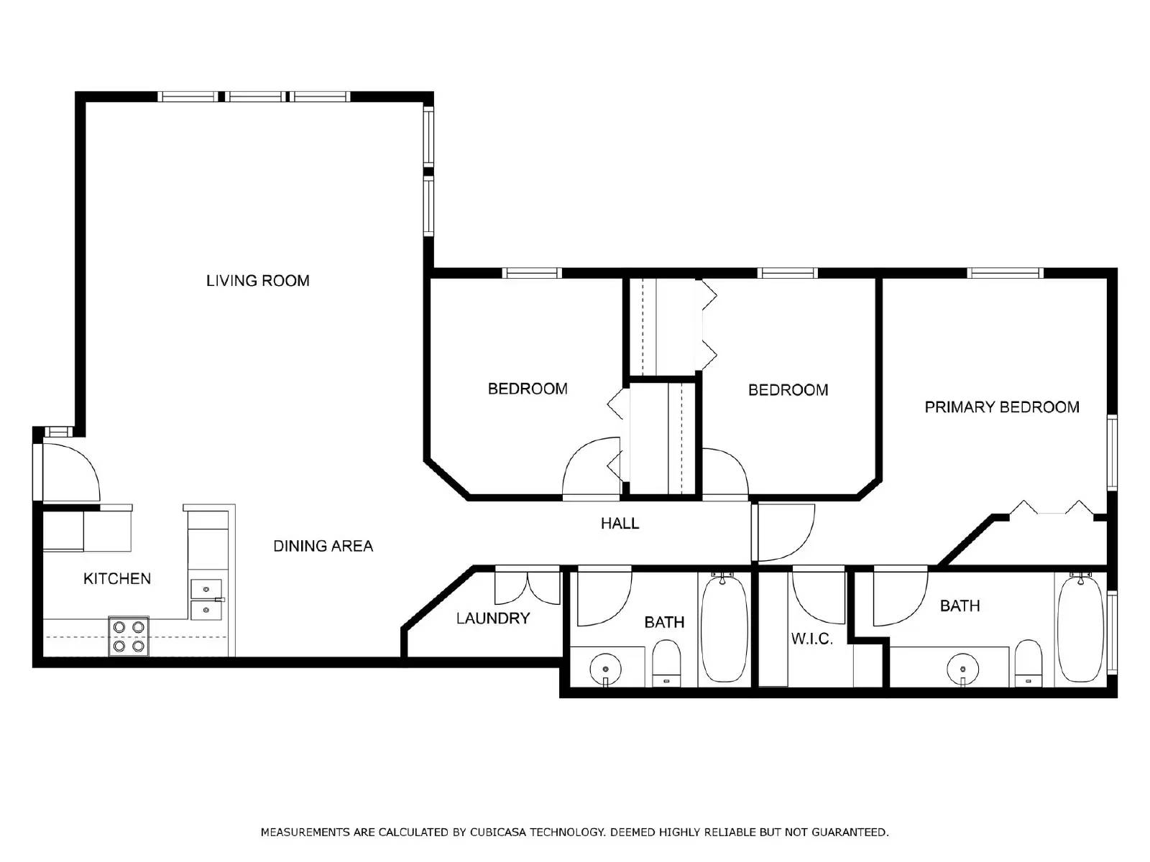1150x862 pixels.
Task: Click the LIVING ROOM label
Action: click(257, 281)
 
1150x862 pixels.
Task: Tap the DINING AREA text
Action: click(323, 546)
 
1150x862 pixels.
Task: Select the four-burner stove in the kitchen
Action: click(129, 636)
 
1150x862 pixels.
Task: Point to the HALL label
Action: click(620, 524)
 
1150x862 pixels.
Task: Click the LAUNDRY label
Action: click(493, 618)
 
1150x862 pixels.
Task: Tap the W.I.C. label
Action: click(811, 639)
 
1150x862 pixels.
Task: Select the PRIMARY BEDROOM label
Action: click(1001, 407)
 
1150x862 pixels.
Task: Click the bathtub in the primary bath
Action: click(1080, 628)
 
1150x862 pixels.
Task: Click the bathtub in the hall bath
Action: click(724, 628)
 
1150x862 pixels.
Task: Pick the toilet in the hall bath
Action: click(666, 664)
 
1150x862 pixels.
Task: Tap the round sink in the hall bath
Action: click(606, 669)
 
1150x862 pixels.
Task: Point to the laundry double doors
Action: click(527, 588)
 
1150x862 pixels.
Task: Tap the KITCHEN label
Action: click(117, 579)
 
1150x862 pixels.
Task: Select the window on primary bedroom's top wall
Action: click(1004, 273)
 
